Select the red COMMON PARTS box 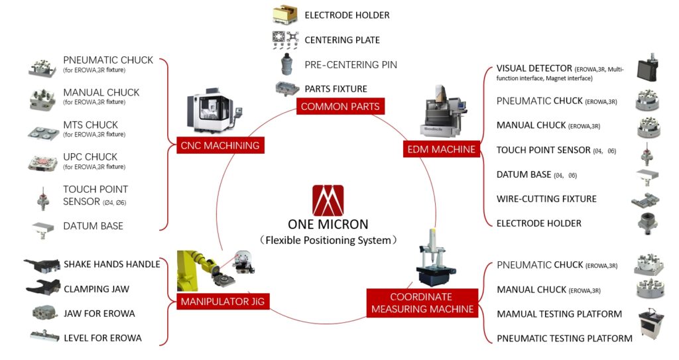click(340, 106)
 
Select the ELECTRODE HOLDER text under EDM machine click(538, 223)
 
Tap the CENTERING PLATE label click(341, 40)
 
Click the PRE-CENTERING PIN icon click(286, 64)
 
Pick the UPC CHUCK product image click(44, 162)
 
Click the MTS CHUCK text click(90, 125)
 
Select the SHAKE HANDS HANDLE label click(112, 264)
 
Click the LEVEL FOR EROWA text click(103, 338)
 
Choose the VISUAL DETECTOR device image click(647, 70)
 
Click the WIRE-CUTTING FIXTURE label click(546, 199)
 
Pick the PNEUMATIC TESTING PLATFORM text click(564, 338)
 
